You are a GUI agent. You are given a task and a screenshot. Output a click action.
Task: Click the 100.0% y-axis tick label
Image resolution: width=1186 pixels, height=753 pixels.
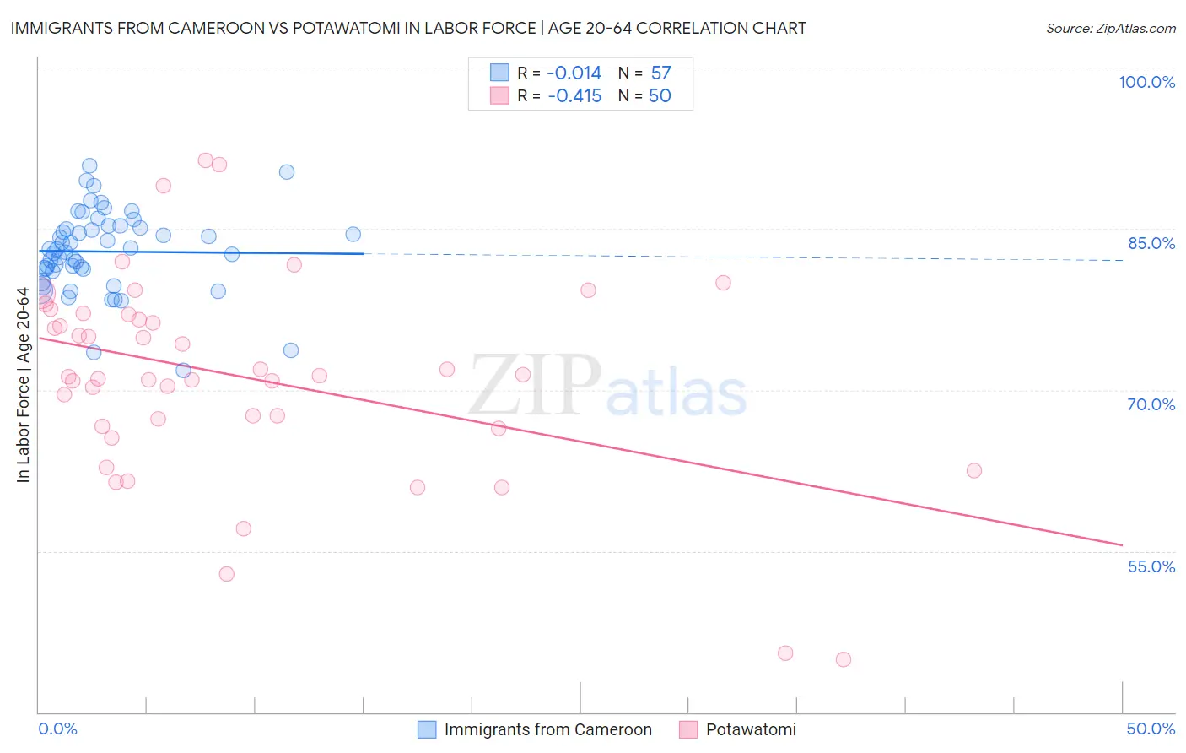[x=1146, y=82]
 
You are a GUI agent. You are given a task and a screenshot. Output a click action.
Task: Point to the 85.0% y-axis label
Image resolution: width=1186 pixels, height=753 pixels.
[x=1151, y=243]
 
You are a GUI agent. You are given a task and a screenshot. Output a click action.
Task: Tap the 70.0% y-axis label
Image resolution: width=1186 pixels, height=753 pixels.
[x=1151, y=404]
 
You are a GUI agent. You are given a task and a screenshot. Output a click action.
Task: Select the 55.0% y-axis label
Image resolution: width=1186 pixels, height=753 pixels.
[x=1151, y=566]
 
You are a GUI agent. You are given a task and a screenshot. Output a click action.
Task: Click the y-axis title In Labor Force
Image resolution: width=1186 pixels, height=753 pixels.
[x=23, y=385]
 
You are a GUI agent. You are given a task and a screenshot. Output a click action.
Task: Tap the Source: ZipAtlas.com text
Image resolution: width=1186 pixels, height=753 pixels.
[x=1110, y=29]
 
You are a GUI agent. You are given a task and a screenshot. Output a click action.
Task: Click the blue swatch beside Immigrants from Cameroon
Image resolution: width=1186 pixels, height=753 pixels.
[x=428, y=730]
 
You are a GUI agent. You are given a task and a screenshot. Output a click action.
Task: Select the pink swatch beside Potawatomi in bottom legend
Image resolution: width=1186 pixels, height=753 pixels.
[x=688, y=730]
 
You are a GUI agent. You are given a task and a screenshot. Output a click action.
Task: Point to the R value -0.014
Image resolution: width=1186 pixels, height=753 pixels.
[x=574, y=73]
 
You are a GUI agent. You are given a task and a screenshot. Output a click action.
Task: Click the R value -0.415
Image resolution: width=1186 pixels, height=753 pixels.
[x=574, y=96]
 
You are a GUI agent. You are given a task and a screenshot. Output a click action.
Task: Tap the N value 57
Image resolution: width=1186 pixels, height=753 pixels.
[x=660, y=73]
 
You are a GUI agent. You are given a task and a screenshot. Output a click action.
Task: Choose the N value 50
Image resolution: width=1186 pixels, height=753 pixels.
[x=660, y=96]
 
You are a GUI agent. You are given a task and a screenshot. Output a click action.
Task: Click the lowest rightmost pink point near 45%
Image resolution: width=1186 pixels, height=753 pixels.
[x=844, y=659]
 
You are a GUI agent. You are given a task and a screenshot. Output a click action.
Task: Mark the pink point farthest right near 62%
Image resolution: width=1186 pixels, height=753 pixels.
[x=974, y=470]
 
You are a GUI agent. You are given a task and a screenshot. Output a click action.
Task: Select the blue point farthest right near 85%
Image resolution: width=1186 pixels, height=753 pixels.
[x=353, y=235]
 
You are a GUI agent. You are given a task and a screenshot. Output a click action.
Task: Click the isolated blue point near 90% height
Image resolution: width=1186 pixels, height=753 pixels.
[x=287, y=172]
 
